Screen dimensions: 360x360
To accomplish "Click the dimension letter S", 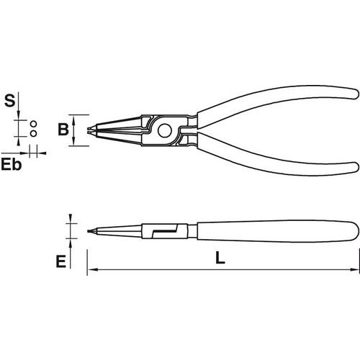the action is click(x=10, y=101).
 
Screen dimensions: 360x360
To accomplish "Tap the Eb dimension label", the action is click(x=12, y=165).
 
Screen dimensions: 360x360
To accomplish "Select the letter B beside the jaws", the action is click(x=63, y=130).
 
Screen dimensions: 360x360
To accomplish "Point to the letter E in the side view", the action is click(x=61, y=261).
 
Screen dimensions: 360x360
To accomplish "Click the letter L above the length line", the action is click(x=220, y=258).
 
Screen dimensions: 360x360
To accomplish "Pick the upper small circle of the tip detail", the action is click(x=34, y=124).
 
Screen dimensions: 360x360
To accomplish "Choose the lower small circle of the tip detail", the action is click(x=34, y=133).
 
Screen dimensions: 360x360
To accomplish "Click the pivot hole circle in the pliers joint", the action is click(x=165, y=130).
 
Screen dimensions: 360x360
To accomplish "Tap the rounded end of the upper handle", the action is click(x=355, y=93).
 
